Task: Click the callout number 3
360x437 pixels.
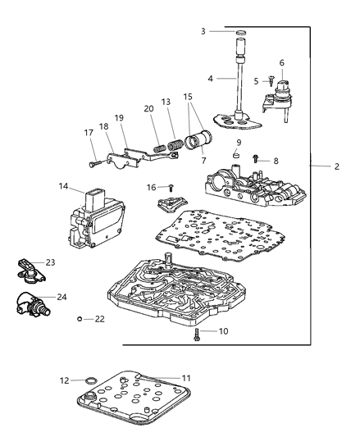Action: [203, 31]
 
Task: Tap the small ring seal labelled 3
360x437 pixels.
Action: [241, 33]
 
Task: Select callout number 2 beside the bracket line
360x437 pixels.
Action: [337, 166]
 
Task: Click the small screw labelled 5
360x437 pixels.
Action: [271, 81]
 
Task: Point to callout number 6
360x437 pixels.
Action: [282, 63]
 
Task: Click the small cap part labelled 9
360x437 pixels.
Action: [236, 155]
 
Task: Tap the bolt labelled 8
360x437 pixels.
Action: [255, 159]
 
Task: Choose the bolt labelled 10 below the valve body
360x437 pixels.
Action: [197, 335]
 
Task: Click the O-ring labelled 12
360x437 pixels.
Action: [91, 380]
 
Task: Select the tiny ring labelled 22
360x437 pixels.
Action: [80, 319]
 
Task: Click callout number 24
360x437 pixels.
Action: [62, 297]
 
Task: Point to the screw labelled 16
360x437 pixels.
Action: [171, 188]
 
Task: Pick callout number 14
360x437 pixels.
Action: [63, 186]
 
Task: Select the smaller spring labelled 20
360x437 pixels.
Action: [159, 148]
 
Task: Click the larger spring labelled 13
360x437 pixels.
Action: [175, 145]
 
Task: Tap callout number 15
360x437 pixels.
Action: [188, 97]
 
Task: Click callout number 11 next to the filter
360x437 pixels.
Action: [186, 378]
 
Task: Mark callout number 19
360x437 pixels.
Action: [119, 118]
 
